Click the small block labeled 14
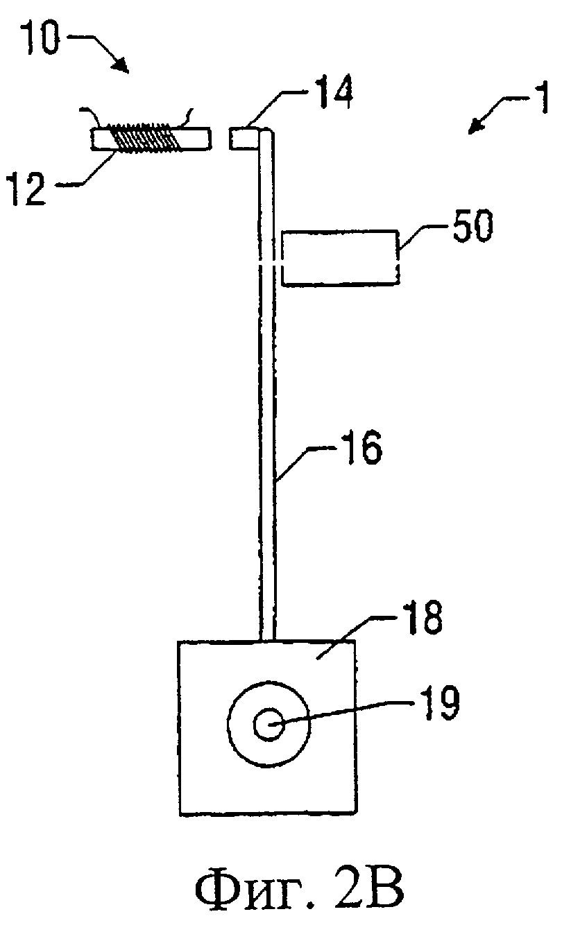[245, 138]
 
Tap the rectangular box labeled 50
[340, 259]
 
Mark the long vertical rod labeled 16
[267, 388]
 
